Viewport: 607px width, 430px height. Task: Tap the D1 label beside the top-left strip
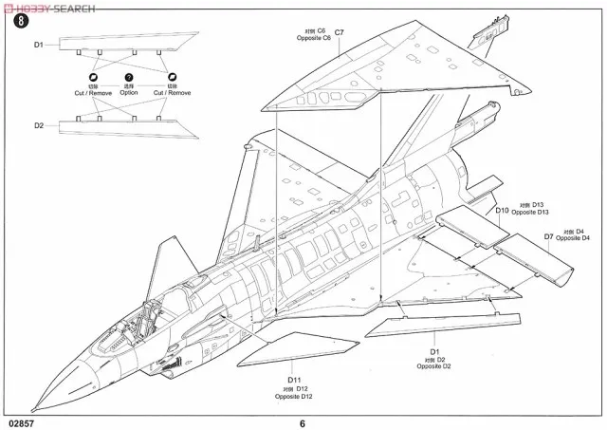click(x=39, y=45)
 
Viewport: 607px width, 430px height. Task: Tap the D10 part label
click(x=502, y=210)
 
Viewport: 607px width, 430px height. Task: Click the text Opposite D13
click(x=530, y=215)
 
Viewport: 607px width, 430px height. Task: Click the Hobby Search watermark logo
click(x=47, y=7)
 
